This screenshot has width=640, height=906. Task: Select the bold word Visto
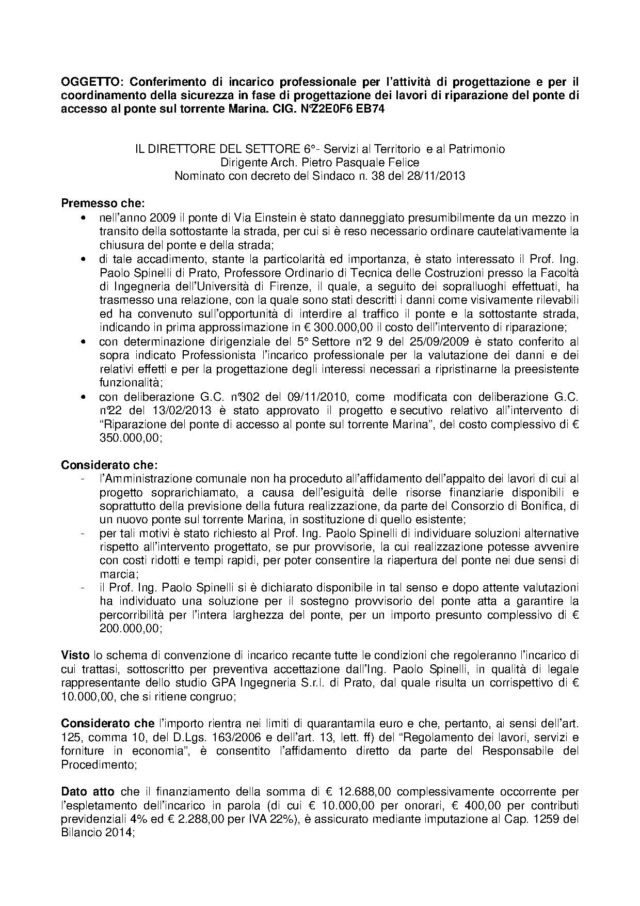tap(75, 655)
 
